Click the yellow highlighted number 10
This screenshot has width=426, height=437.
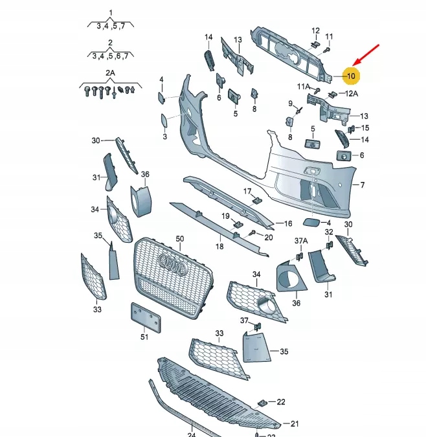pos(350,76)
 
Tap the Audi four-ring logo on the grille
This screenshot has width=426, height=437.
pos(173,263)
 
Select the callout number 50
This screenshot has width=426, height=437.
pos(179,239)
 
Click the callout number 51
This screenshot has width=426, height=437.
pos(144,336)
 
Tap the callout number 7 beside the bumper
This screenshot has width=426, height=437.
pos(362,185)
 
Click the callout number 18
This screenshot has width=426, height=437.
pos(219,247)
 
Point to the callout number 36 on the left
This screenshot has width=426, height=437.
pos(145,174)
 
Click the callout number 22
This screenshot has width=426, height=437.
pos(280,402)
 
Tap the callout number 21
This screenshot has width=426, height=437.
pos(295,424)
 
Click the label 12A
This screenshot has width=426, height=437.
pos(351,93)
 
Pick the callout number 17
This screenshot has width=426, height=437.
pos(247,191)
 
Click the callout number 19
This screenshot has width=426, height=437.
pos(226,216)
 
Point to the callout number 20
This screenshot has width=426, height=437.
pos(269,237)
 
